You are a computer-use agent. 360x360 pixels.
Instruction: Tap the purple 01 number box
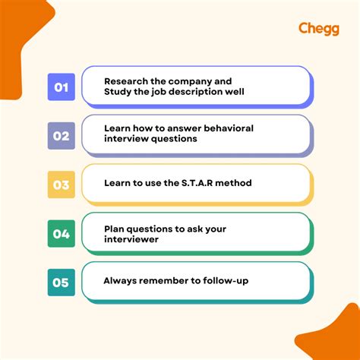coord(61,87)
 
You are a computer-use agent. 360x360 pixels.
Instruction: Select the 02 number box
coord(61,136)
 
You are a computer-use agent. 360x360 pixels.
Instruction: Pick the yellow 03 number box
coord(61,185)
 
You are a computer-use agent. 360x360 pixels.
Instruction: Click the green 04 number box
coord(61,233)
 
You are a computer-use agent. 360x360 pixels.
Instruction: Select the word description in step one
coord(203,93)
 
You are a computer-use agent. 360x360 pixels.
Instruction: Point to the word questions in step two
coord(175,140)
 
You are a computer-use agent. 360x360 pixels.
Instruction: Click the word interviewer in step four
coord(132,240)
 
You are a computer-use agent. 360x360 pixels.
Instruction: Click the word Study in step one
coord(118,93)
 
